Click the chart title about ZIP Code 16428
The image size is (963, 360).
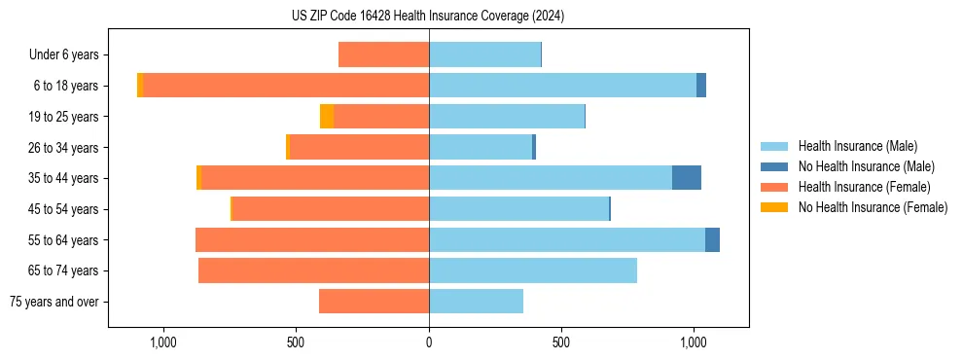coord(428,17)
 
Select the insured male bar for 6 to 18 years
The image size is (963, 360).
coord(562,86)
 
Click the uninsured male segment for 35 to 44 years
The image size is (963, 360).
coord(686,178)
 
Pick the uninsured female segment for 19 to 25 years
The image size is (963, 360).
coord(327,117)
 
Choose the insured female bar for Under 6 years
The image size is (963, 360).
coord(383,54)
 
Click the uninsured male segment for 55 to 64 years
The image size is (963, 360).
coord(712,239)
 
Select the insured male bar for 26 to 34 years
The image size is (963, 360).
coord(481,147)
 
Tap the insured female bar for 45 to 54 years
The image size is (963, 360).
coord(331,209)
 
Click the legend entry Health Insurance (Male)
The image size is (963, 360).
coord(857,146)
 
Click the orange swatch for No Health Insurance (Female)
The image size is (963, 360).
coord(774,207)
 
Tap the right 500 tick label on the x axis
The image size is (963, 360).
coord(560,342)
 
